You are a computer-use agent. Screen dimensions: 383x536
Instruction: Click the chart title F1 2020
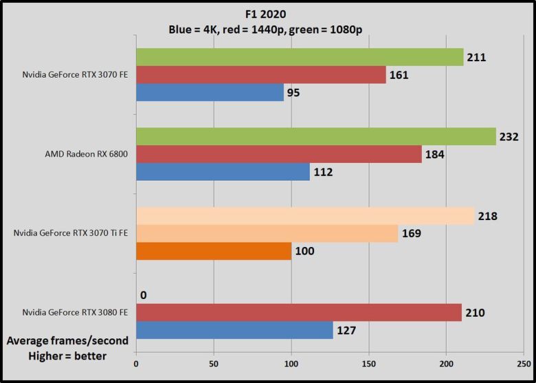click(267, 15)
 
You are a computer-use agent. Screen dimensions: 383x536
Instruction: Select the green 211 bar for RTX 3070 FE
click(300, 57)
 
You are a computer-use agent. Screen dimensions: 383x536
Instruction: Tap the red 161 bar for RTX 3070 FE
click(261, 74)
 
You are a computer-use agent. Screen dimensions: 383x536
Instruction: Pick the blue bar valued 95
click(210, 92)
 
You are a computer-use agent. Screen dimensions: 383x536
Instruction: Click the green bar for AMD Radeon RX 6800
click(316, 136)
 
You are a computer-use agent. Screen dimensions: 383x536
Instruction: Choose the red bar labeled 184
click(279, 154)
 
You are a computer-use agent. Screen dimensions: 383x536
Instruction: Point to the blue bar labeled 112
click(223, 172)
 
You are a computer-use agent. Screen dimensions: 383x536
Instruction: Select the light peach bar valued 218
click(305, 216)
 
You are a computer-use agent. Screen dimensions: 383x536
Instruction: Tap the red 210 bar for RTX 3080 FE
click(299, 313)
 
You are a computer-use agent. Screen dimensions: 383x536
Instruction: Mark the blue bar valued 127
click(234, 331)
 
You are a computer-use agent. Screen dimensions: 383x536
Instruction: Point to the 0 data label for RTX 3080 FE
click(144, 295)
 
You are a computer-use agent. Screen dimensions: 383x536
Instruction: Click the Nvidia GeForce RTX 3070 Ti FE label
click(72, 234)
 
